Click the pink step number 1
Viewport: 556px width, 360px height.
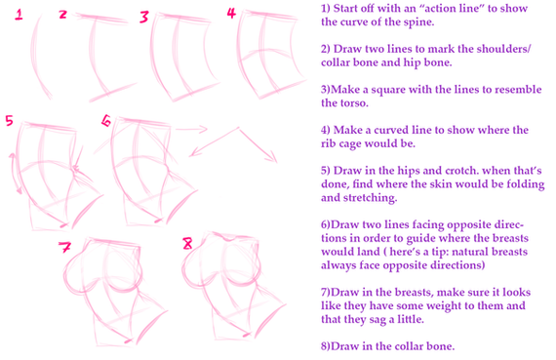[x=19, y=15]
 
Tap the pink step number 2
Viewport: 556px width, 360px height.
[x=62, y=15]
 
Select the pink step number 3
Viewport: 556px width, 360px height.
[x=144, y=17]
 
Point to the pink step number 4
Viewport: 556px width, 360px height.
[x=231, y=13]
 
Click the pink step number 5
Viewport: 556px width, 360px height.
[x=9, y=121]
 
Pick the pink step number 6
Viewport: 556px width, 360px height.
[x=106, y=121]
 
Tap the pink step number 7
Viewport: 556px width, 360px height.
[x=65, y=247]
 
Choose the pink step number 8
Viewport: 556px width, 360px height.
[x=187, y=243]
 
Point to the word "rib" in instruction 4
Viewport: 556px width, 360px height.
[x=330, y=143]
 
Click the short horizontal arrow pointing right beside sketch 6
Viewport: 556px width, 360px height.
[x=191, y=129]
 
